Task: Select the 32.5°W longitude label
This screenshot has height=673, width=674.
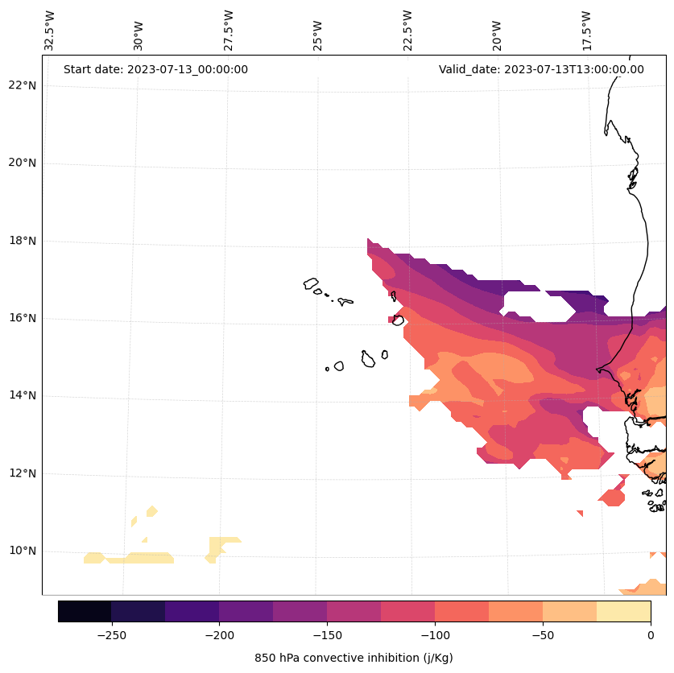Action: pyautogui.click(x=50, y=31)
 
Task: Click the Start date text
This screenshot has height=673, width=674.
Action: pyautogui.click(x=155, y=69)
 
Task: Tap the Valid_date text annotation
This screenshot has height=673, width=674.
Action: pyautogui.click(x=541, y=69)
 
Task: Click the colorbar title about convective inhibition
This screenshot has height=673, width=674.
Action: pyautogui.click(x=354, y=658)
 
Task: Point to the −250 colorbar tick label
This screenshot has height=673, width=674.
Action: pyautogui.click(x=111, y=635)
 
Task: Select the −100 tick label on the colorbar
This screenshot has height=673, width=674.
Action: pyautogui.click(x=435, y=635)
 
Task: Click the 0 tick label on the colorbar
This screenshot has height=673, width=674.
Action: pyautogui.click(x=650, y=635)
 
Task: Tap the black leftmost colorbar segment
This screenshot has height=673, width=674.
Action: pyautogui.click(x=85, y=611)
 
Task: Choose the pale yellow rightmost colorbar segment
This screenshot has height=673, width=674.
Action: pyautogui.click(x=623, y=611)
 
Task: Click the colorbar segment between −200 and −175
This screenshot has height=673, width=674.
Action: pyautogui.click(x=246, y=611)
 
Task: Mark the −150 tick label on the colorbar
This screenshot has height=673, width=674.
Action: pyautogui.click(x=327, y=635)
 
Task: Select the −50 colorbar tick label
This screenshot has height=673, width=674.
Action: pyautogui.click(x=543, y=635)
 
